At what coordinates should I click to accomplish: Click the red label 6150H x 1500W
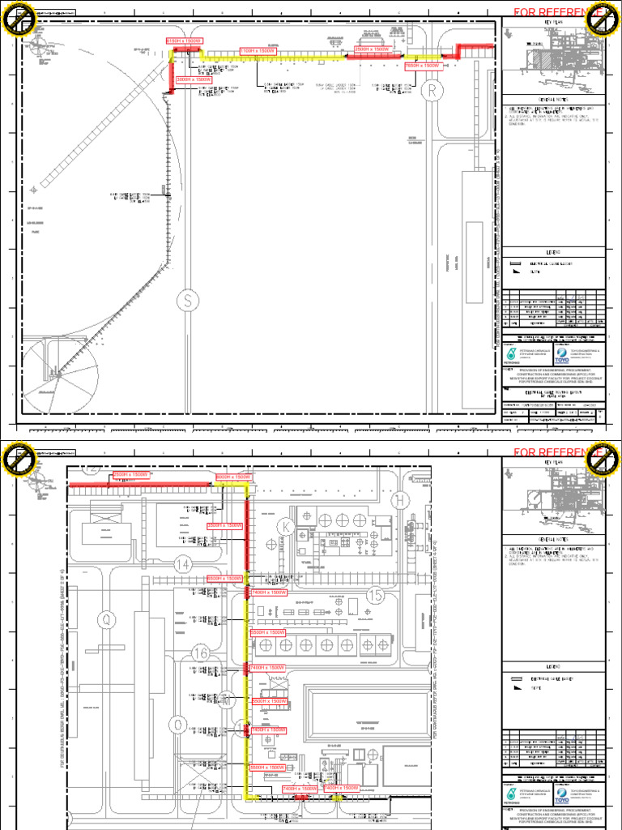coord(184,41)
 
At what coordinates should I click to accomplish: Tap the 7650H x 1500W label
coord(422,66)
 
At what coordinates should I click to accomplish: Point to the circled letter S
coord(188,301)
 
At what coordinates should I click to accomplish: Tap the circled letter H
coord(398,502)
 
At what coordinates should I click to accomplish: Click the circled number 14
coord(184,564)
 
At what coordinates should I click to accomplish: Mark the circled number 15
coord(374,596)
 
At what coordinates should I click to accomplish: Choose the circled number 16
coord(202,653)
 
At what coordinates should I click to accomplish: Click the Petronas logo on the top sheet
coord(511,353)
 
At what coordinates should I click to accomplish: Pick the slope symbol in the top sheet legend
coord(515,273)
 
